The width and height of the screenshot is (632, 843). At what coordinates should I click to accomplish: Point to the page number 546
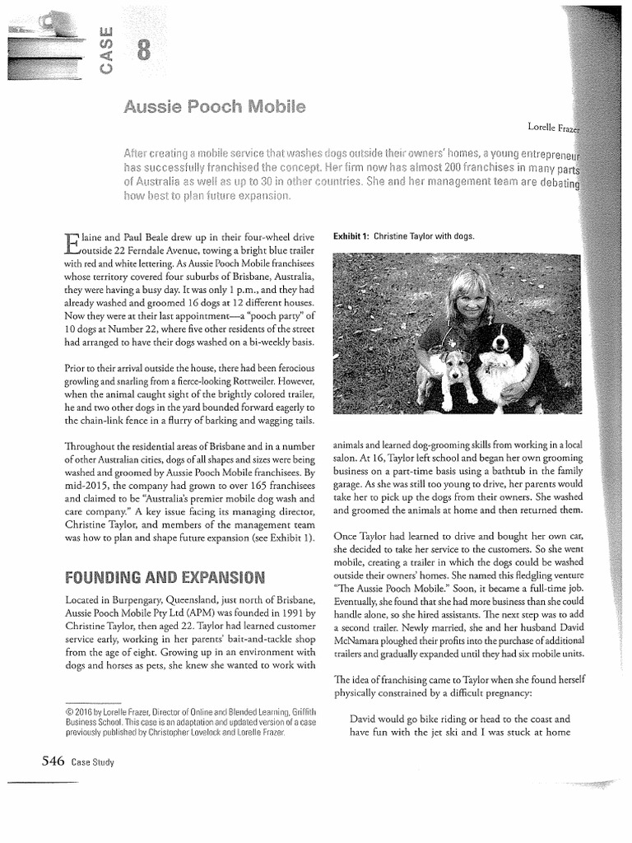coord(48,761)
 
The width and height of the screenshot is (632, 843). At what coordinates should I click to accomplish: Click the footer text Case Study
coord(92,763)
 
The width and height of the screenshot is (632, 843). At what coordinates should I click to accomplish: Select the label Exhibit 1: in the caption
coord(351,236)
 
